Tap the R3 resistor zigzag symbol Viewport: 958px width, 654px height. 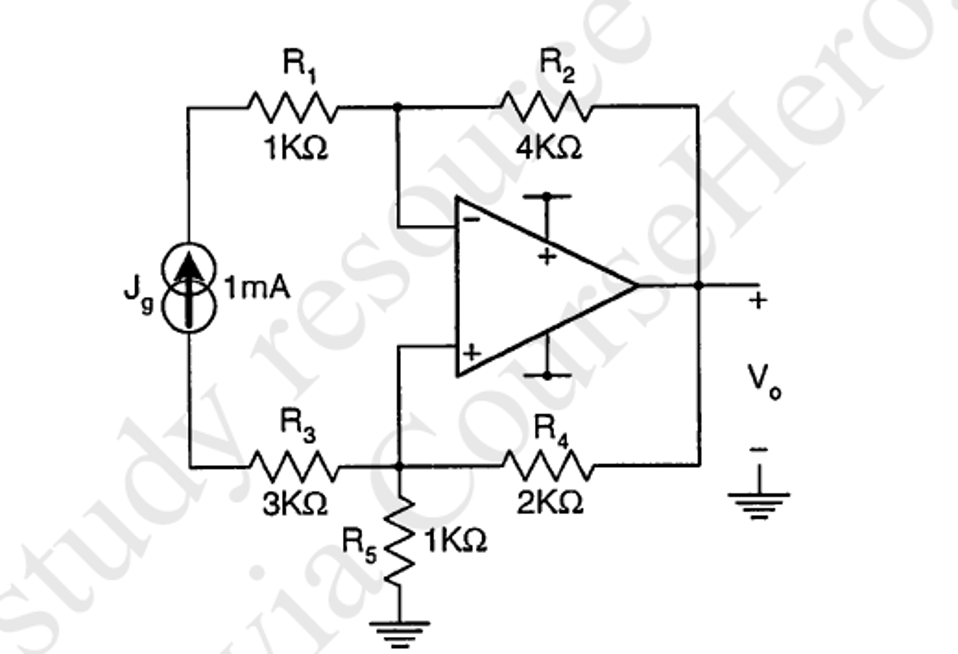pyautogui.click(x=294, y=467)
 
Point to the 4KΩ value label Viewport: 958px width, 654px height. pyautogui.click(x=548, y=148)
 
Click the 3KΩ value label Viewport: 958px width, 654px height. pyautogui.click(x=295, y=505)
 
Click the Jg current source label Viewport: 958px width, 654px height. pyautogui.click(x=138, y=294)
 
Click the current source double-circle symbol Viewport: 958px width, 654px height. pyautogui.click(x=189, y=288)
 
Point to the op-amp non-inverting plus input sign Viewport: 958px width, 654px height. pyautogui.click(x=472, y=352)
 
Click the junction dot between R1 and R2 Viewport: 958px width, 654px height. pyautogui.click(x=397, y=107)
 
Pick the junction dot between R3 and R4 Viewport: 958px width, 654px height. pyautogui.click(x=398, y=467)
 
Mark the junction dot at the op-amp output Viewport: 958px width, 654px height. pyautogui.click(x=698, y=285)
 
